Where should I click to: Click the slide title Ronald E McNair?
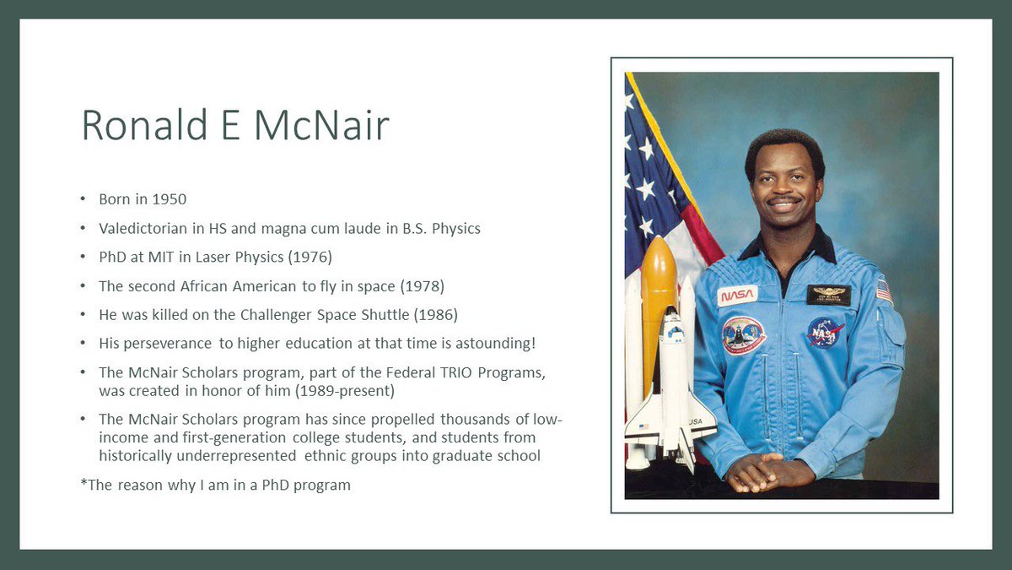[235, 125]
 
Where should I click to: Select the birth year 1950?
[170, 200]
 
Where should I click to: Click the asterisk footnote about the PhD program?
[215, 486]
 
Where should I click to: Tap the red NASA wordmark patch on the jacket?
[737, 295]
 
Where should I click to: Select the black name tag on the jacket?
[828, 295]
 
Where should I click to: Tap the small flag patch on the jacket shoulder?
[884, 291]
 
